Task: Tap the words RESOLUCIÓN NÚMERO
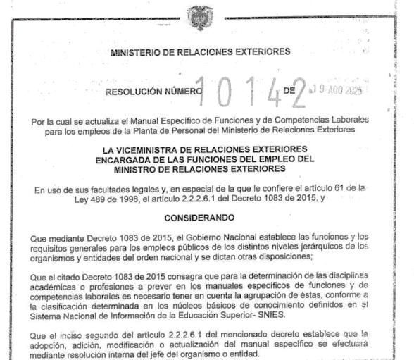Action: pyautogui.click(x=153, y=91)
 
